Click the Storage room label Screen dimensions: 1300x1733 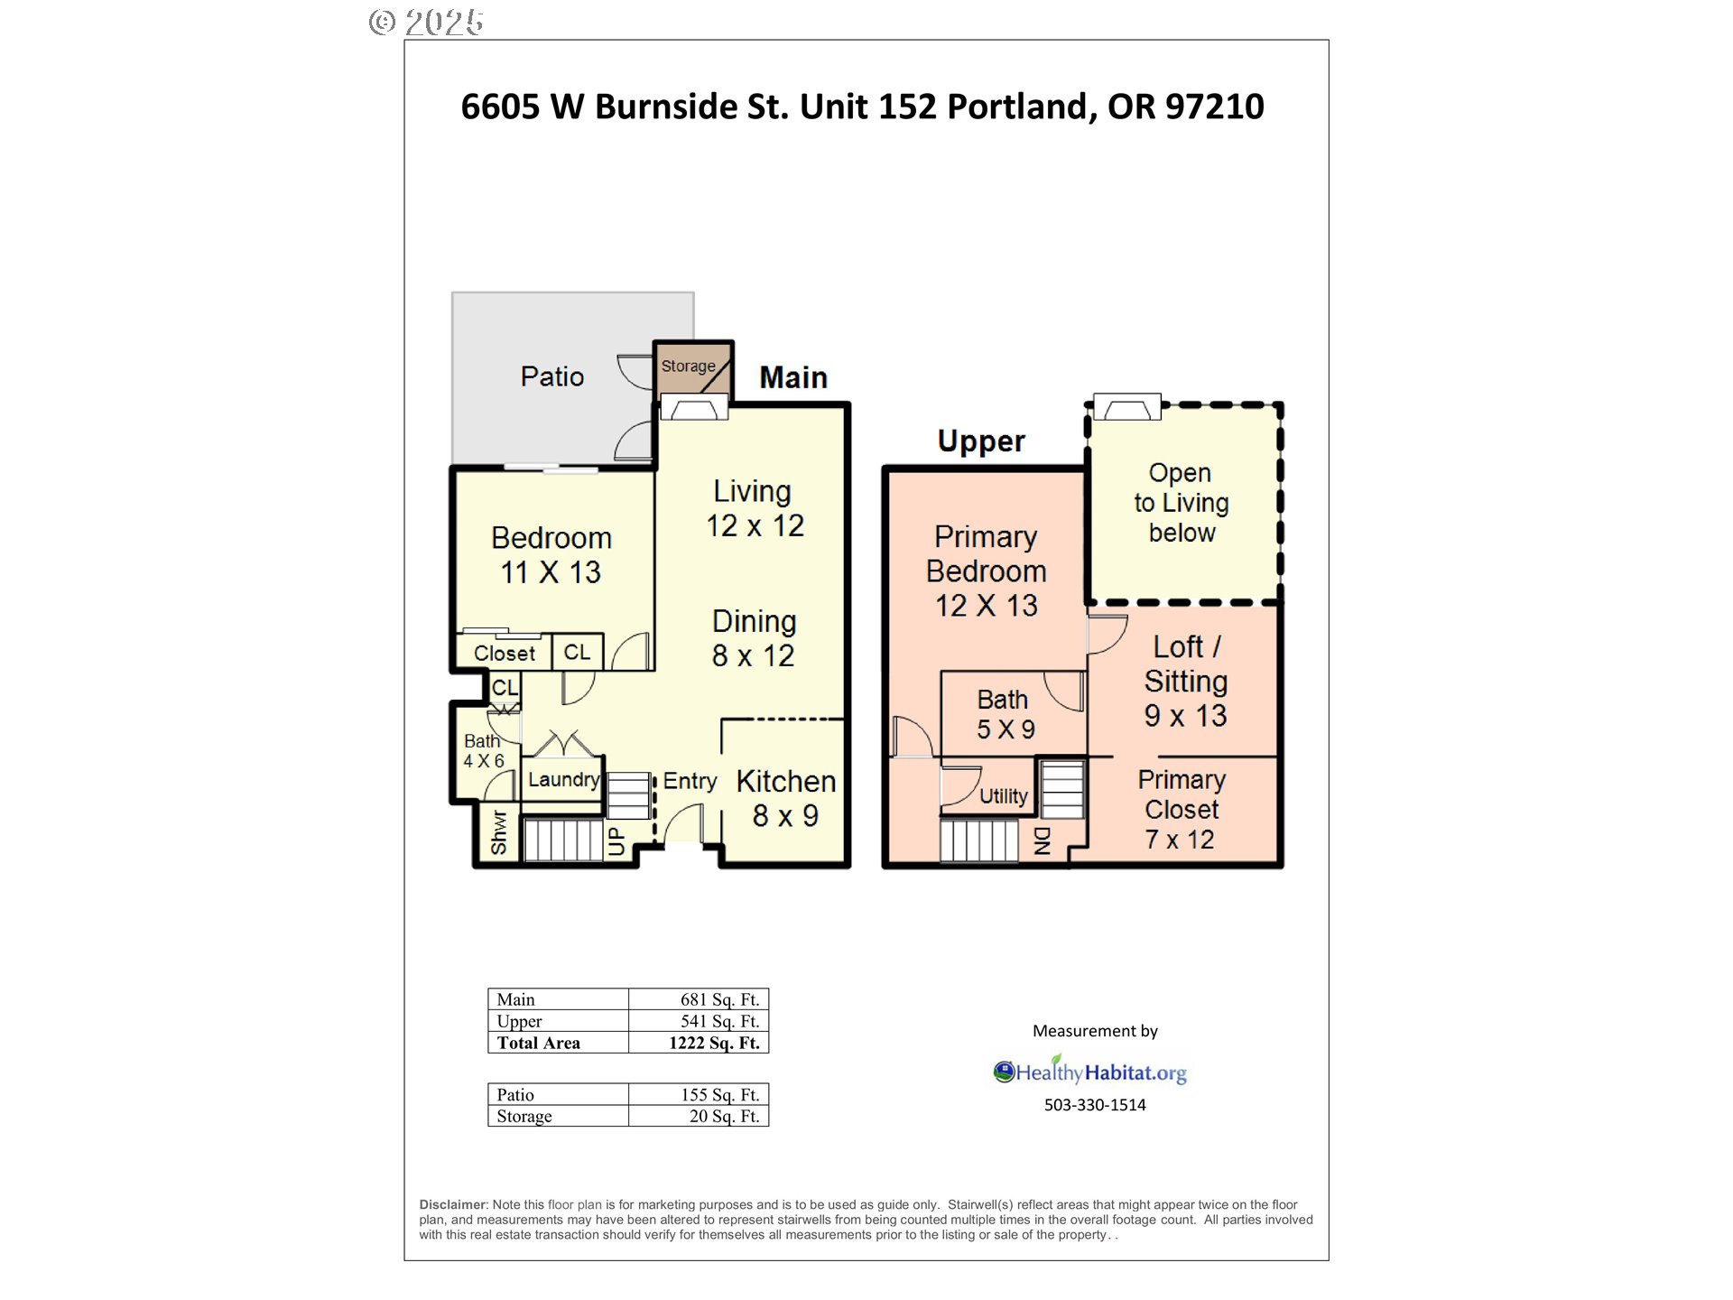tap(688, 367)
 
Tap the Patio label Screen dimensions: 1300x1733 tap(551, 376)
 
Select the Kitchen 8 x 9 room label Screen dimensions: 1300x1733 tap(785, 798)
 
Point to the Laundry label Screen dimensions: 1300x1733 tap(563, 779)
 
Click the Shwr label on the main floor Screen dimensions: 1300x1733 tap(498, 832)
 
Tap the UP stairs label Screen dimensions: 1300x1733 tap(616, 840)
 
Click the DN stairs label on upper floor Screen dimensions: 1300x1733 tap(1042, 840)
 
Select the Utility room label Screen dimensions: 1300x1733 tap(1003, 796)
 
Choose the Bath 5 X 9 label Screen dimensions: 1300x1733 tap(1004, 714)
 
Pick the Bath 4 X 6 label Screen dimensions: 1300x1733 tap(483, 750)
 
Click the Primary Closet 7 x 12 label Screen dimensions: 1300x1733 tap(1181, 809)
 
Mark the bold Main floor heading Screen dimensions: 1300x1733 tap(792, 377)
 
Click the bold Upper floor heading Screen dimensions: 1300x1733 tap(981, 441)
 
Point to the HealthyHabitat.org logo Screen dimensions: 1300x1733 tap(1090, 1072)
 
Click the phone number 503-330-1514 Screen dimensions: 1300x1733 tap(1094, 1105)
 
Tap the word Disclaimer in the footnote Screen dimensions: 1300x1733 tap(452, 1204)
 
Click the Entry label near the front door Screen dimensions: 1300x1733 tap(690, 781)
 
